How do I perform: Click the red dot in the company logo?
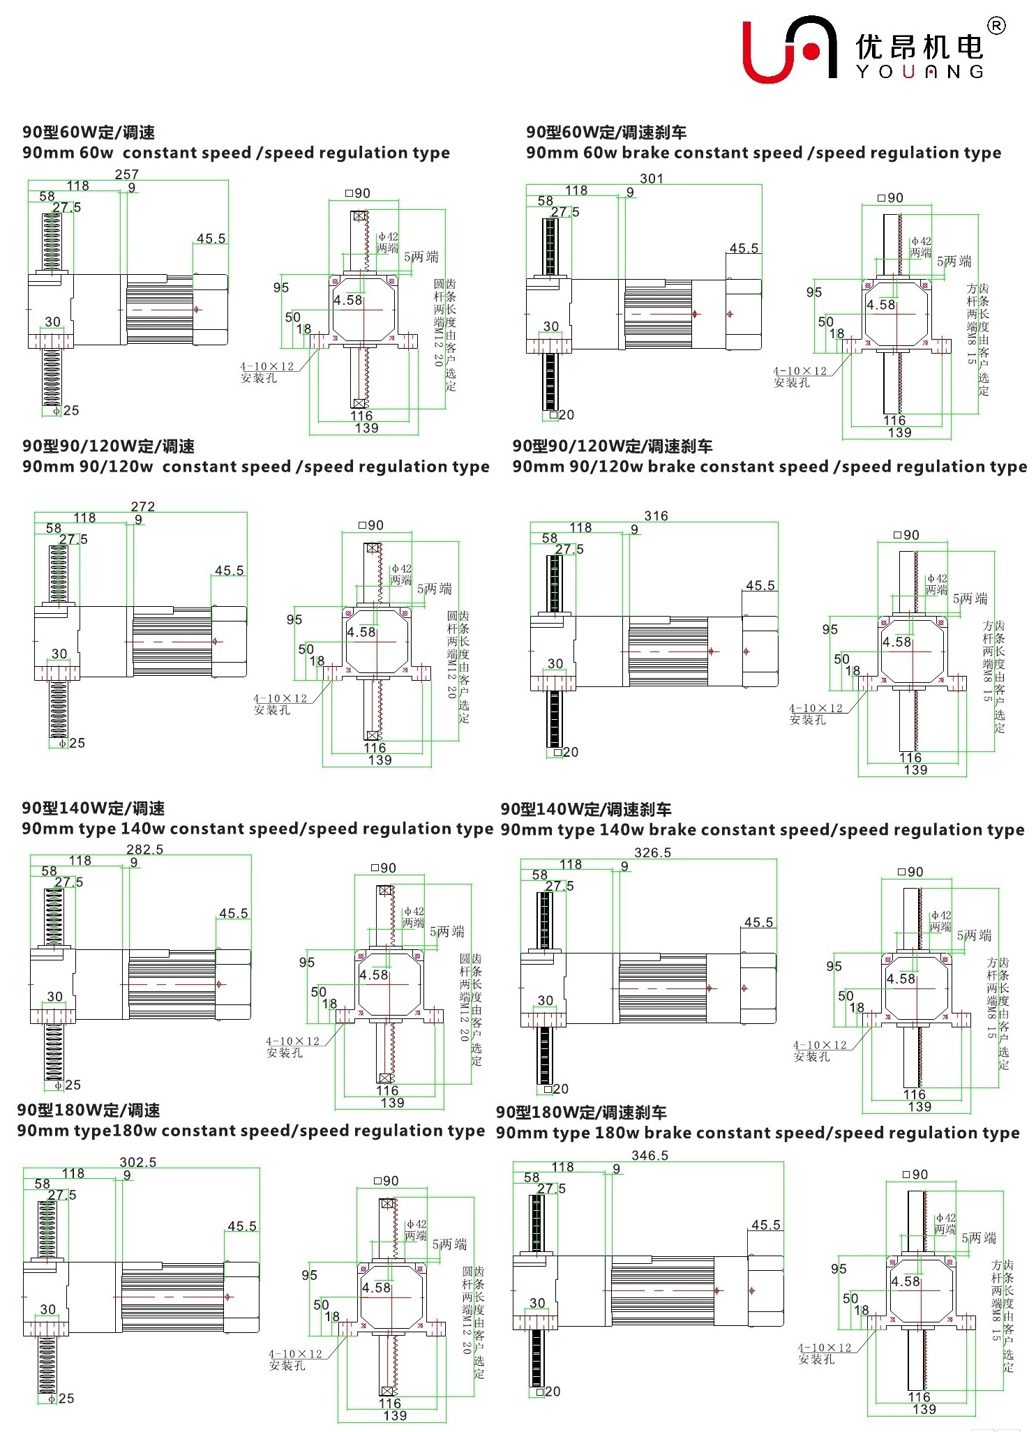click(811, 51)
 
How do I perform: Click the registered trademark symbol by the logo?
click(996, 26)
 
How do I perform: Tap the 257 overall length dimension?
click(127, 174)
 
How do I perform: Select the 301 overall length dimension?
click(651, 179)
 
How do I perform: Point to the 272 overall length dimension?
click(142, 506)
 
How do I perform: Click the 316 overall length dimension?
click(656, 516)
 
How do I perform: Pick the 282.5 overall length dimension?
click(144, 850)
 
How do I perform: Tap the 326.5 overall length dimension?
click(652, 853)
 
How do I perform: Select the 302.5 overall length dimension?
click(137, 1162)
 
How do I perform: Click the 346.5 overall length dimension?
click(650, 1156)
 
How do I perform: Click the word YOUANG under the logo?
click(919, 72)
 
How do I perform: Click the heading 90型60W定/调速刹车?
click(606, 133)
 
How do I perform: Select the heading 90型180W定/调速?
click(89, 1110)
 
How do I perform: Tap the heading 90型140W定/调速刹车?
click(585, 810)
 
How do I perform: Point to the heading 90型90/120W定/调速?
click(108, 446)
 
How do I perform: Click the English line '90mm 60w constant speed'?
click(236, 153)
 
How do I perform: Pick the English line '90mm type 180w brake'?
click(757, 1133)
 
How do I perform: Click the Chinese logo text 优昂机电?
click(919, 47)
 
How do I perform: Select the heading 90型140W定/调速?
click(93, 808)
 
